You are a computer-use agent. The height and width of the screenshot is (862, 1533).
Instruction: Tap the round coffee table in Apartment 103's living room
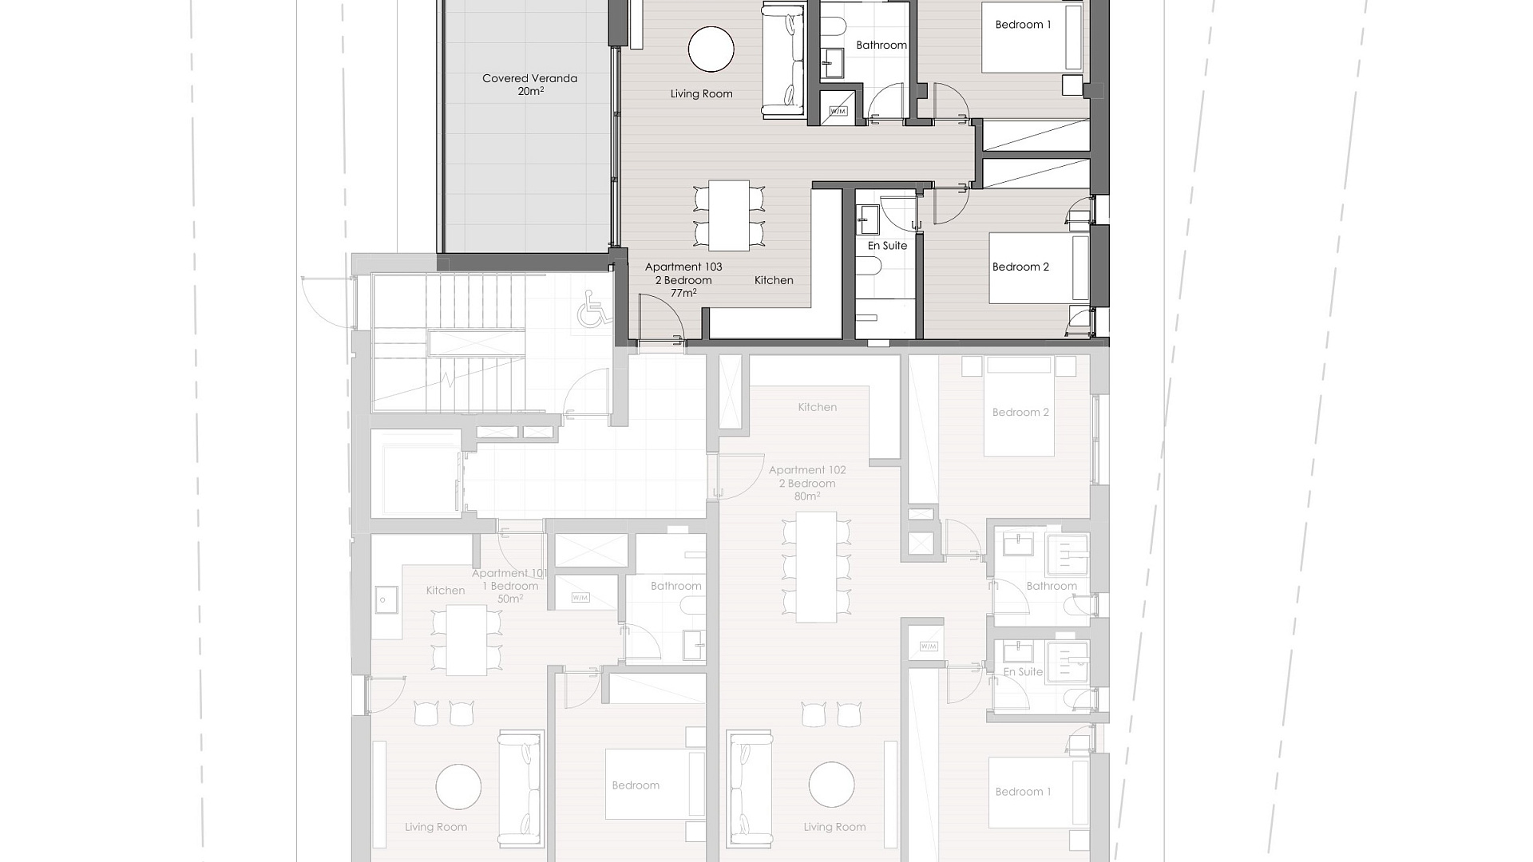(711, 49)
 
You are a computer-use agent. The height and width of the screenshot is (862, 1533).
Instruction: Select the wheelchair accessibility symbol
(591, 309)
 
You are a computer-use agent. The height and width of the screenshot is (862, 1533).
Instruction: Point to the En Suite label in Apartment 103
(887, 246)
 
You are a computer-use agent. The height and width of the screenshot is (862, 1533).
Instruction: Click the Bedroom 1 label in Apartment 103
(1023, 25)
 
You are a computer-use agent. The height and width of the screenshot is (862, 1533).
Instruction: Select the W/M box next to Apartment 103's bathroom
(838, 111)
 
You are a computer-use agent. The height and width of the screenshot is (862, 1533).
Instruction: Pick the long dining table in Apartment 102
(816, 567)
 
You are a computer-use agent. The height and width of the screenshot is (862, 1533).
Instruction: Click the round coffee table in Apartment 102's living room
(831, 785)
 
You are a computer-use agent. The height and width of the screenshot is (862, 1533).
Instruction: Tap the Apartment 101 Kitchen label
(446, 591)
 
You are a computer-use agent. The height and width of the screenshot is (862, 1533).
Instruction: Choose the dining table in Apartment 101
(466, 640)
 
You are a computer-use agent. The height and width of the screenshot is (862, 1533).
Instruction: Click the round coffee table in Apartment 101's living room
(459, 787)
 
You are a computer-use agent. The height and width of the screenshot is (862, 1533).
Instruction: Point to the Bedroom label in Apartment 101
(636, 785)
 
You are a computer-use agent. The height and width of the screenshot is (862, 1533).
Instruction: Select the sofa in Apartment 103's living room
(783, 61)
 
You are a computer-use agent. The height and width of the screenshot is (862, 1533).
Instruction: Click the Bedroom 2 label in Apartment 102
(1020, 413)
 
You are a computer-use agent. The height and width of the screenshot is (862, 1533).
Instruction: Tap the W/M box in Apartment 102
(929, 646)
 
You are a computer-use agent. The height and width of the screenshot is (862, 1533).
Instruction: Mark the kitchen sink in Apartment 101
(384, 599)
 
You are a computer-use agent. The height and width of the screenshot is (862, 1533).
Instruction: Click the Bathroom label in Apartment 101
(675, 586)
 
